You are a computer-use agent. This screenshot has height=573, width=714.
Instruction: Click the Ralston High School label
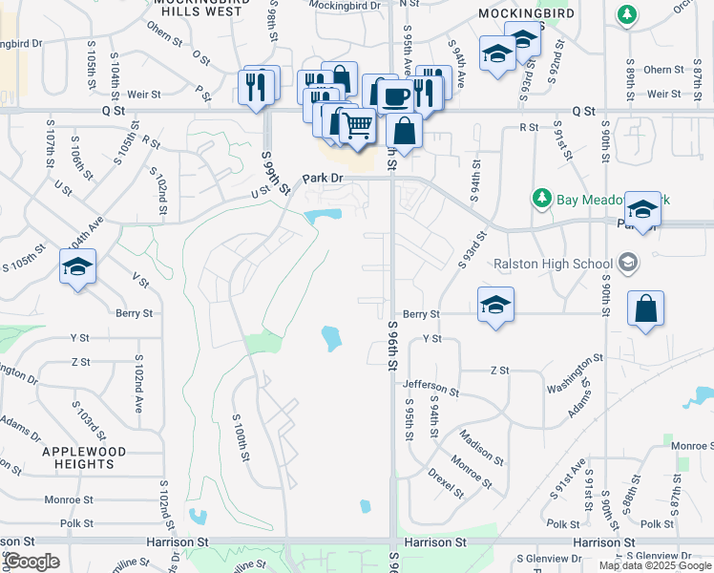(553, 264)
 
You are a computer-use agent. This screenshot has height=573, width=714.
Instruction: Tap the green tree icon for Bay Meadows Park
(542, 198)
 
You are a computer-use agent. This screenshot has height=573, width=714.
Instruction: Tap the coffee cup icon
(395, 95)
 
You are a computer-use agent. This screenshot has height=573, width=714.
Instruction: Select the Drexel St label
(445, 482)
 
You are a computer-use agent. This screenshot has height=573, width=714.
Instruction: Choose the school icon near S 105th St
(77, 266)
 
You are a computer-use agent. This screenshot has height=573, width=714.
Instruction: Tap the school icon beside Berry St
(495, 305)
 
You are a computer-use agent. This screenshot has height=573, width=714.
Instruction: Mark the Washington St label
(576, 373)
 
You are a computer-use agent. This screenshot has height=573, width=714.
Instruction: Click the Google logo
(31, 562)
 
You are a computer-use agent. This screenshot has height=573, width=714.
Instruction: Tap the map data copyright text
(655, 565)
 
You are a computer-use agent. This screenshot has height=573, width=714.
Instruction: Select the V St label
(141, 280)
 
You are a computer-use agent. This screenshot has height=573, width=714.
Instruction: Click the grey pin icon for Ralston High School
(627, 261)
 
